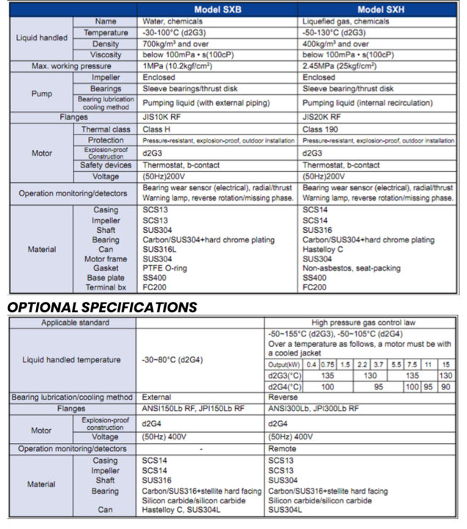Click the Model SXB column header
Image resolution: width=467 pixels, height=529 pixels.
point(217,10)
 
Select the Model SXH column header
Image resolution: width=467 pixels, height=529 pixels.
point(380,10)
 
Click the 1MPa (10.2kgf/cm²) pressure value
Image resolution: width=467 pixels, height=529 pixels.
point(181,66)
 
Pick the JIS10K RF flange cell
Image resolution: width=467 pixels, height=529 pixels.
point(165,117)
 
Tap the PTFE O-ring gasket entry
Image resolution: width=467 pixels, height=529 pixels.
point(166,268)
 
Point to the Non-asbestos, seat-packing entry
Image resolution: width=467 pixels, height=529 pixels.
point(350,268)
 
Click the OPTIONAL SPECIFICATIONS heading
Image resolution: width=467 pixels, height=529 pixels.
point(102,306)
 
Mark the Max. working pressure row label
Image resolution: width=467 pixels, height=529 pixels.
point(70,66)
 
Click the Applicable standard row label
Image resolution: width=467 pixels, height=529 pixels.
point(72,323)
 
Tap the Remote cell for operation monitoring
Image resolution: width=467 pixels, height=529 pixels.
point(283,448)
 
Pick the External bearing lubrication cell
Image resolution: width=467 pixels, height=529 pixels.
point(156,397)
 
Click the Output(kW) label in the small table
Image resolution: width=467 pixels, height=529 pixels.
point(285,364)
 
